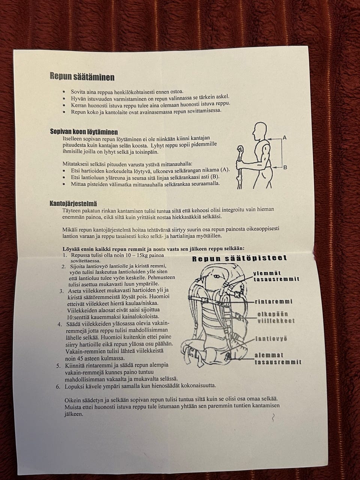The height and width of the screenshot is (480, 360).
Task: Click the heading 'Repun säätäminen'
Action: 82,77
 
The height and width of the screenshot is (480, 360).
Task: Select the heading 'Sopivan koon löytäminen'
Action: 84,132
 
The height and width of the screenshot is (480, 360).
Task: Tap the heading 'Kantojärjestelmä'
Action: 73,204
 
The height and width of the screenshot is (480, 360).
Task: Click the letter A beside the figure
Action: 285,138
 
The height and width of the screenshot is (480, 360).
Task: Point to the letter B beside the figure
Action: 285,168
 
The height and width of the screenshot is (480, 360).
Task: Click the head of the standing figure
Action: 259,130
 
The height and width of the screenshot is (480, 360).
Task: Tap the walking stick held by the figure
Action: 240,167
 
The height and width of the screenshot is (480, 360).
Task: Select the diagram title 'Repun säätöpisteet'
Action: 240,258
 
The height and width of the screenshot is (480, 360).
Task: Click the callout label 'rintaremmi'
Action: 274,301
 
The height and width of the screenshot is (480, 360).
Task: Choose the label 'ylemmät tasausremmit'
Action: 276,276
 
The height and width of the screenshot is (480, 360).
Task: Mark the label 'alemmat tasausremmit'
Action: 278,358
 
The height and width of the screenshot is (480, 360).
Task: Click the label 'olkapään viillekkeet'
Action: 276,318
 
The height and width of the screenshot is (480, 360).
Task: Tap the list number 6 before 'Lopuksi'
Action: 58,387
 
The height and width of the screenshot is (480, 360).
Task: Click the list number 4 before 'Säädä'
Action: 60,324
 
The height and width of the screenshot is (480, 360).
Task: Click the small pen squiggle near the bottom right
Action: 273,417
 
